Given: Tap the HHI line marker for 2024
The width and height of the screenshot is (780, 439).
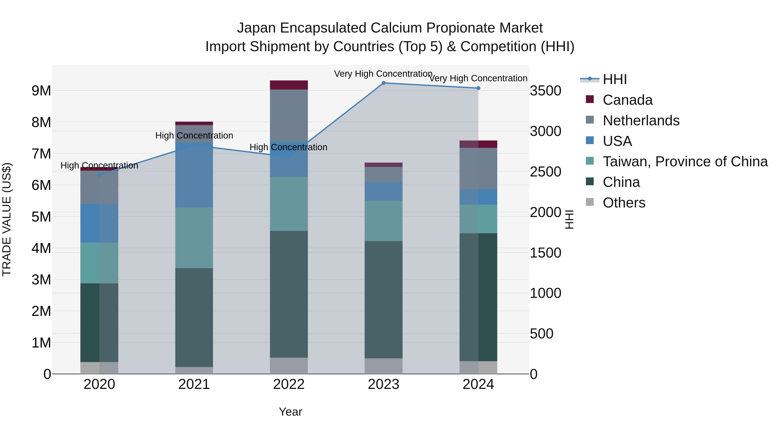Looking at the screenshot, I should pos(478,88).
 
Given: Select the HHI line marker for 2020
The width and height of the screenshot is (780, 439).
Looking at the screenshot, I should pos(99,175).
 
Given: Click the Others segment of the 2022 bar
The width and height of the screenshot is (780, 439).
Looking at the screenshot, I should pos(289,366).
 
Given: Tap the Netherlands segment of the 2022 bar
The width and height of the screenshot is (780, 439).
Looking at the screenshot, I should pos(289,115).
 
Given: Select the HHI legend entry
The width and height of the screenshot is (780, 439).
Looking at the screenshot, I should pos(614,79).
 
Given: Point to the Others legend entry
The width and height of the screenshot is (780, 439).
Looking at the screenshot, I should pos(624,203).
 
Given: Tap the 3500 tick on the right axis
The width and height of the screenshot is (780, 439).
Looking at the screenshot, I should pos(545,91).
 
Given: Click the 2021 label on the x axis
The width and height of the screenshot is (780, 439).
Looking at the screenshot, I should pos(194,384).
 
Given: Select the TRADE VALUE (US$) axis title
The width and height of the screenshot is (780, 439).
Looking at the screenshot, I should pos(7,219).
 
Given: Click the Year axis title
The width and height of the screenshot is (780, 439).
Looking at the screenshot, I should pos(290,412).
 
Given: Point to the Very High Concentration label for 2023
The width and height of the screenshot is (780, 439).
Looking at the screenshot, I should pos(383,74).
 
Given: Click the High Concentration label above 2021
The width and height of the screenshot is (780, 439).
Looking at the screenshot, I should pos(194,135).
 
